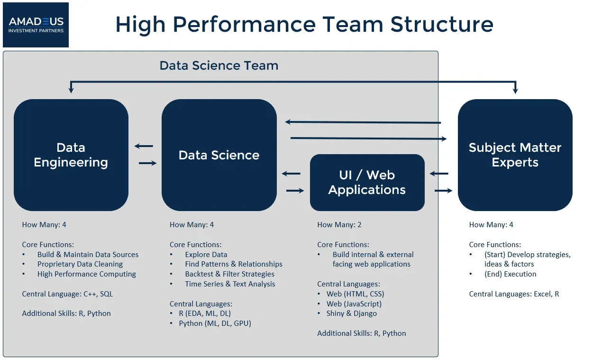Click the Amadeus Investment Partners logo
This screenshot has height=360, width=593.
pos(36,25)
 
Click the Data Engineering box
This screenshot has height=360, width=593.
pos(71,155)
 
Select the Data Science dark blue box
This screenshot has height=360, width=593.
pos(219,155)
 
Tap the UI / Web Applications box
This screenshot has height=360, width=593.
pos(367,183)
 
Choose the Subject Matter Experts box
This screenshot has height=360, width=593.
pos(515,155)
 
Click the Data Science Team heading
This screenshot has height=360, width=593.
pos(219,65)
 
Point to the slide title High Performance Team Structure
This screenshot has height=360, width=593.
pos(304,25)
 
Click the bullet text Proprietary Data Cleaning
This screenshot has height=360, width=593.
pos(80,264)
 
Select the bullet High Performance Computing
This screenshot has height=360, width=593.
pos(86,274)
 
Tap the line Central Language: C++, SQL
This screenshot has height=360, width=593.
pos(67,294)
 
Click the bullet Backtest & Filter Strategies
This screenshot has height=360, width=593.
pos(229,274)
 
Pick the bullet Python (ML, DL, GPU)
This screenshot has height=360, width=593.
pos(215,323)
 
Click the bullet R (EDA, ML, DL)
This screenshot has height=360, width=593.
pos(205,314)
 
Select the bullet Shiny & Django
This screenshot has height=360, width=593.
pos(351,314)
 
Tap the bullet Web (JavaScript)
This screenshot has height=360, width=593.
pos(354,304)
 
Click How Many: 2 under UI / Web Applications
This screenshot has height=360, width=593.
pos(339,225)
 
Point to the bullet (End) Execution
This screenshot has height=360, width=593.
pos(510,274)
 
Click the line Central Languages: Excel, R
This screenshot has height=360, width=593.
pos(514,294)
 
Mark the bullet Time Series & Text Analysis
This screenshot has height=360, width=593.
pos(230,284)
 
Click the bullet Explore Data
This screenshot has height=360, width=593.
pos(206,255)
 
